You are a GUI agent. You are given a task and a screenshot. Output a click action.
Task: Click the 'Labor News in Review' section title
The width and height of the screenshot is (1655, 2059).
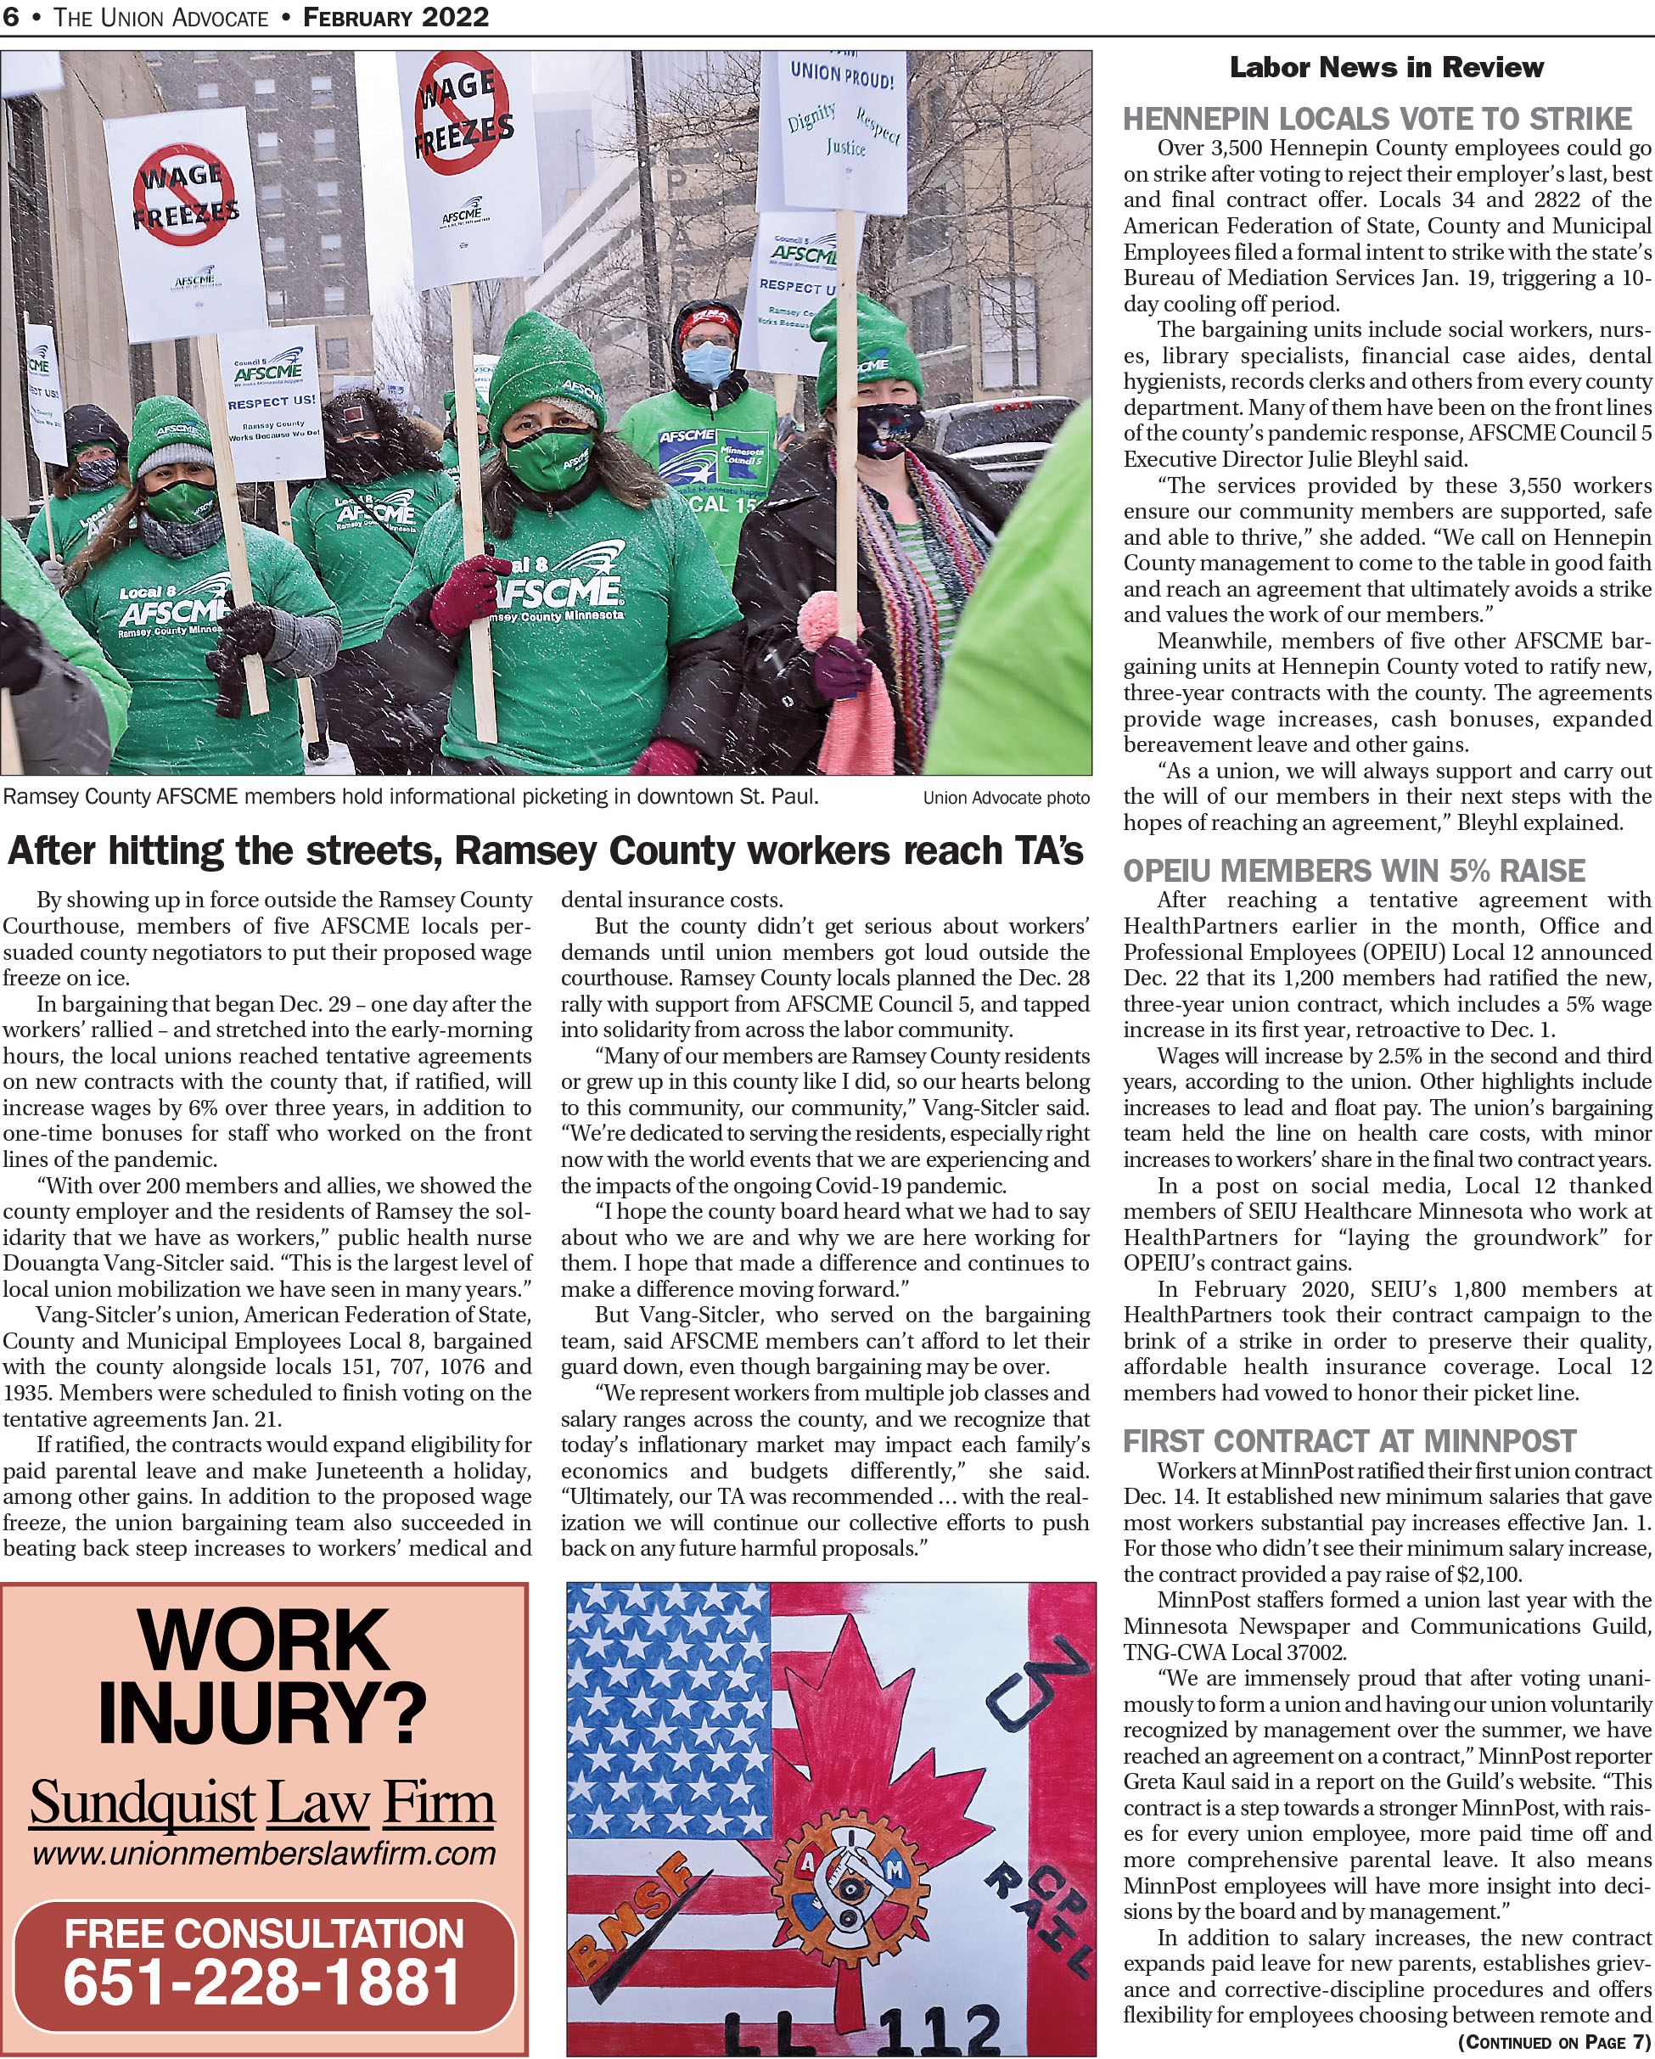pos(1386,68)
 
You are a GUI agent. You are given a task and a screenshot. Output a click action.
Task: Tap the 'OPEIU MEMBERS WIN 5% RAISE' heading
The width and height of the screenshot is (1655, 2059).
pos(1353,871)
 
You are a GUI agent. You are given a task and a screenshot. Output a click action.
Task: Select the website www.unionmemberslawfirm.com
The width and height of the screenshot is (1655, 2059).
pos(264,1854)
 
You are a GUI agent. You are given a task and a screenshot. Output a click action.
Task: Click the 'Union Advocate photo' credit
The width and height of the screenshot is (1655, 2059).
pos(1006,799)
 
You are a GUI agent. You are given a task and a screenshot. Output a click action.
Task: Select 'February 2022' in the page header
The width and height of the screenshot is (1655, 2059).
pos(396,17)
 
